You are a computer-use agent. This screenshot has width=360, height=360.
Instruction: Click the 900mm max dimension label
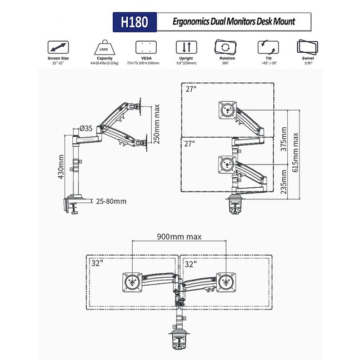(x=179, y=236)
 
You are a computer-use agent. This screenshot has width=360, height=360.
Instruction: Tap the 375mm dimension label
(x=284, y=141)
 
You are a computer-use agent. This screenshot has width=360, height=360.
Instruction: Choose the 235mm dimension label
(x=284, y=182)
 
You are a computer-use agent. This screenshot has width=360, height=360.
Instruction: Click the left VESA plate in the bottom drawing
(x=131, y=282)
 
